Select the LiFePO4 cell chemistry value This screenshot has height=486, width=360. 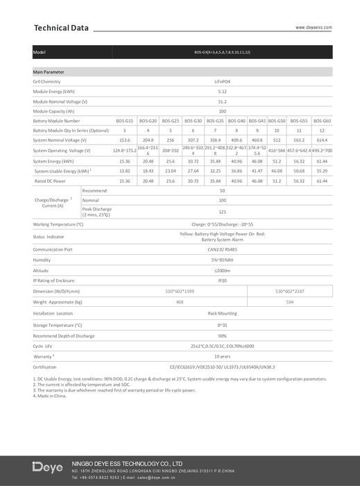[222, 81]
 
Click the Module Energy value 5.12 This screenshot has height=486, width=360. [222, 91]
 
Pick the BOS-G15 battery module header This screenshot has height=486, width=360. [125, 121]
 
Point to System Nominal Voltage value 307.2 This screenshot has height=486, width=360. [193, 140]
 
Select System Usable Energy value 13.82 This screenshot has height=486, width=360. [125, 170]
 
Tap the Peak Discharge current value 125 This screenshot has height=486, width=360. [222, 211]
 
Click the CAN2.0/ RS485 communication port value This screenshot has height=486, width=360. [222, 249]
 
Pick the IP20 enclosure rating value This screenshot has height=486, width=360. [222, 280]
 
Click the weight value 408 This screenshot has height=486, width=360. [180, 303]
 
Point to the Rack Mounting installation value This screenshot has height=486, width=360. [222, 314]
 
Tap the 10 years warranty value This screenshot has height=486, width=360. [222, 356]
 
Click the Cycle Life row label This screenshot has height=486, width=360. [43, 345]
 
